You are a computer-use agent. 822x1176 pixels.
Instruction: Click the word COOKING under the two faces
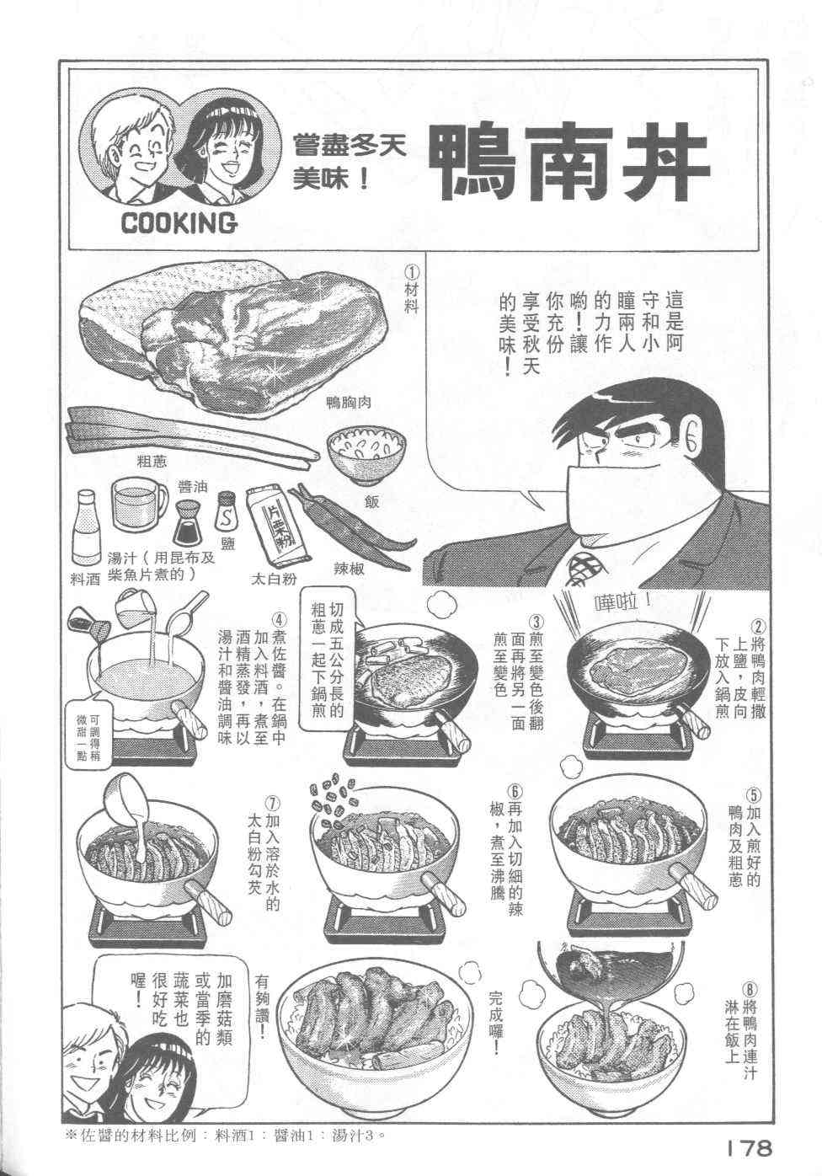179,223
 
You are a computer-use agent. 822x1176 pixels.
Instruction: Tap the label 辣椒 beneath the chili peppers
349,568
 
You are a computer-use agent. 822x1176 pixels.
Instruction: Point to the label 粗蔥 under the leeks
152,462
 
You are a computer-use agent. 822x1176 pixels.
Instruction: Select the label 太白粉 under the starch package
274,579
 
